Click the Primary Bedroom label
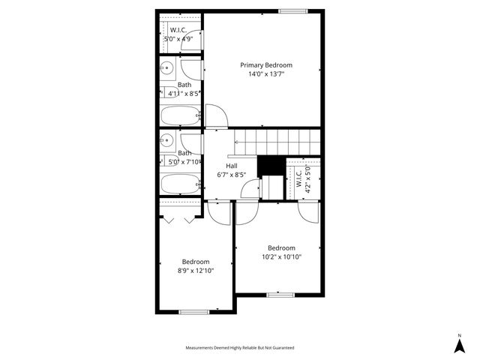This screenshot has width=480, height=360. [265, 65]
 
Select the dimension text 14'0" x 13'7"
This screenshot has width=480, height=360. [265, 74]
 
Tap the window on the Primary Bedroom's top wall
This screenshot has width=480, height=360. [292, 10]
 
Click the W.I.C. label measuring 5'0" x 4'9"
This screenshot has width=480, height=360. [179, 30]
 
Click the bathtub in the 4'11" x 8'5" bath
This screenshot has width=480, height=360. [180, 115]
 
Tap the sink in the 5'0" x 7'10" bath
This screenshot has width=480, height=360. [167, 140]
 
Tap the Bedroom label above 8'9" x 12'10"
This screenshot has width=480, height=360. [196, 262]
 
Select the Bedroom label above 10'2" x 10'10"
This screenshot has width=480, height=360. [281, 248]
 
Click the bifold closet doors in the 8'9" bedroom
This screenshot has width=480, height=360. [178, 220]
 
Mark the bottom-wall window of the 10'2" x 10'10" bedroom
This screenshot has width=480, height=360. [280, 295]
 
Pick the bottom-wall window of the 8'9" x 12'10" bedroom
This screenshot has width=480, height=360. [193, 311]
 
